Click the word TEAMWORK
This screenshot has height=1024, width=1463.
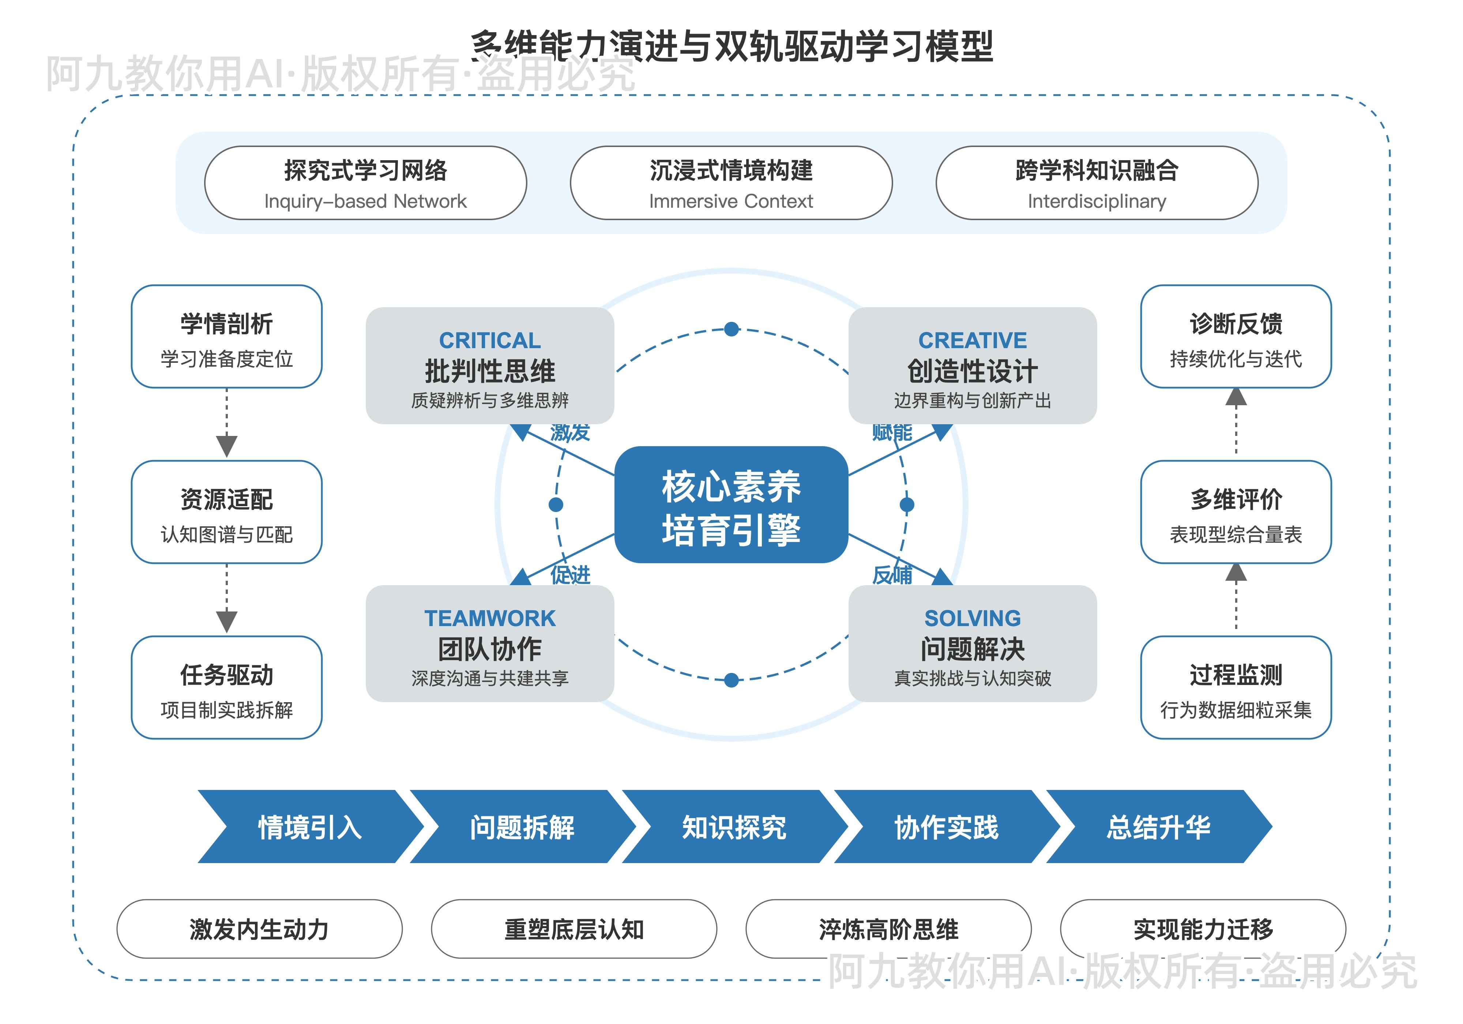[x=489, y=618]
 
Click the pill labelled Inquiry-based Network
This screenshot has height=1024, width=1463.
[x=365, y=184]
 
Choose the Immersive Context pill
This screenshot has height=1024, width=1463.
[x=731, y=184]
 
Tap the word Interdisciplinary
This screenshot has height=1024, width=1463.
[x=1096, y=202]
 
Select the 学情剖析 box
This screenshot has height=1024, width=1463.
[x=226, y=336]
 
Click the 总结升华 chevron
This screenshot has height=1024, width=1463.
[x=1158, y=827]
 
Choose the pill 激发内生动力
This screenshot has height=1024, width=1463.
[x=259, y=929]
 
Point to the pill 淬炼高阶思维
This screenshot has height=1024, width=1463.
[x=888, y=929]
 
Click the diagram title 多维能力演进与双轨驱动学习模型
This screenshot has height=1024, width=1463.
[x=731, y=46]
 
